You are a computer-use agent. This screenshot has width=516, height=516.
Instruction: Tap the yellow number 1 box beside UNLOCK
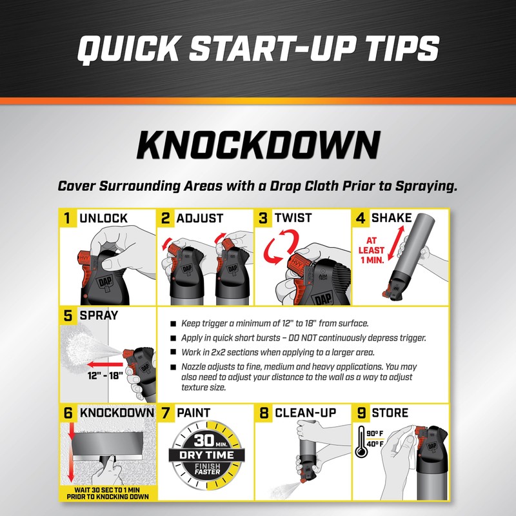coord(67,218)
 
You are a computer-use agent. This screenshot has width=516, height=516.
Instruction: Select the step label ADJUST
coord(200,219)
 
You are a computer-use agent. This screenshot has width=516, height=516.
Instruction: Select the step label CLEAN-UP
coord(306,412)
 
